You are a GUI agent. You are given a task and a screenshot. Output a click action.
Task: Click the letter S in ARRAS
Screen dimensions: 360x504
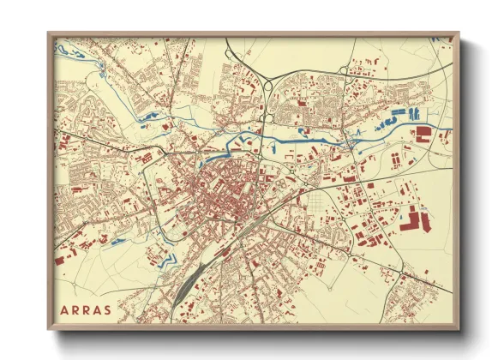tap(106, 309)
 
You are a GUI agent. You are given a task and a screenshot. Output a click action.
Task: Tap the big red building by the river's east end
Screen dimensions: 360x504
tap(423, 133)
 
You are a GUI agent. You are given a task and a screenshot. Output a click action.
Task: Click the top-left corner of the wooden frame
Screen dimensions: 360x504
tap(49, 34)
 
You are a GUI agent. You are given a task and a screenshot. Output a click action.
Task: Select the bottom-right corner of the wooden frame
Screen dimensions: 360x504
tap(459, 329)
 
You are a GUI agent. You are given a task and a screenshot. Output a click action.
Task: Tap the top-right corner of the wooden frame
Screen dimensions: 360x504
tap(459, 34)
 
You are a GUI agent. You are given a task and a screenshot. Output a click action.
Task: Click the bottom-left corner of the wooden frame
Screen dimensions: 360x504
tap(49, 329)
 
